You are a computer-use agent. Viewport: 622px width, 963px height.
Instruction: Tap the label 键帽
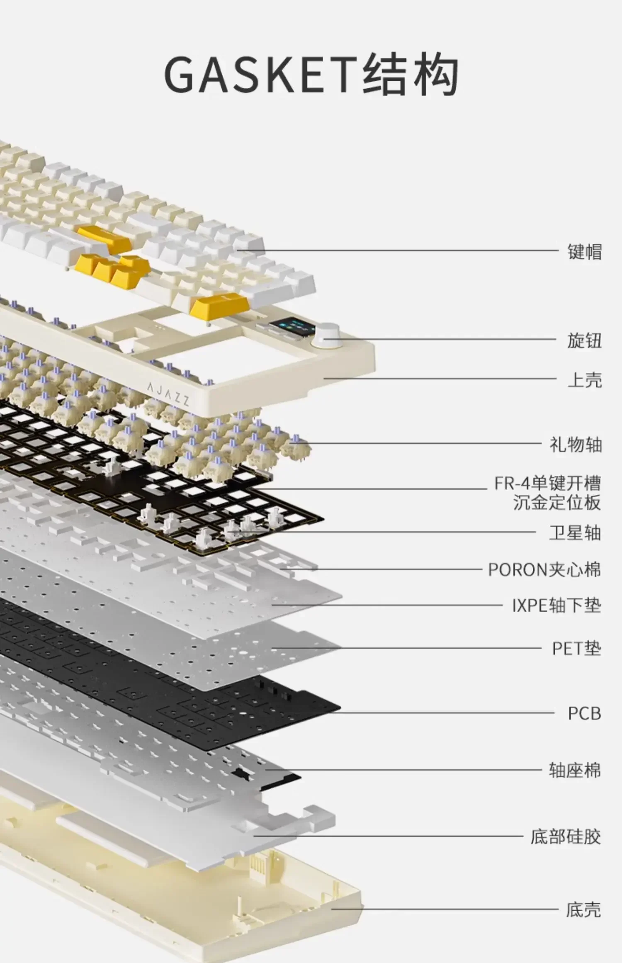click(584, 252)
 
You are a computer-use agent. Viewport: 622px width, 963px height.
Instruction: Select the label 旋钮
click(584, 340)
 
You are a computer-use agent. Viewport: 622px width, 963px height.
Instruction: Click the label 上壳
click(584, 379)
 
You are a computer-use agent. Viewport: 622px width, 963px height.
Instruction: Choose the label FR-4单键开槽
click(547, 484)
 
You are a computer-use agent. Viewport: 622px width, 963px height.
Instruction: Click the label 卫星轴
click(575, 533)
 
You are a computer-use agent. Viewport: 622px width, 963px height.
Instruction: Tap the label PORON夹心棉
click(544, 570)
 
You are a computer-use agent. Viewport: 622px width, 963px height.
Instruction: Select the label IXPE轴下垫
click(556, 606)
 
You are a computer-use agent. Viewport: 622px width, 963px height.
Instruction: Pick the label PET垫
click(576, 648)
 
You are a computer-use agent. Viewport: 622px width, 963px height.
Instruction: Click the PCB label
click(584, 713)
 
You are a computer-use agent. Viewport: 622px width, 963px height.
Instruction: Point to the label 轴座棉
click(575, 771)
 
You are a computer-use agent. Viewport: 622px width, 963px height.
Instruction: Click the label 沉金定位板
click(556, 503)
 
